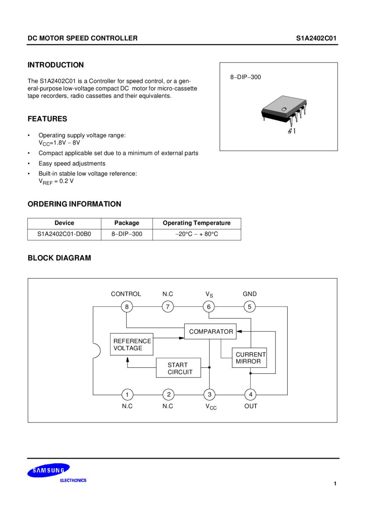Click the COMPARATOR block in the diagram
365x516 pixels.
click(210, 331)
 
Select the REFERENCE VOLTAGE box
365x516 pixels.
click(132, 344)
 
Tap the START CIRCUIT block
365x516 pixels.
click(178, 368)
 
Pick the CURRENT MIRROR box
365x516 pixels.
click(249, 358)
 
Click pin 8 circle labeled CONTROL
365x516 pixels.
click(127, 307)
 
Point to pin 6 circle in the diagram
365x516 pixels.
click(209, 307)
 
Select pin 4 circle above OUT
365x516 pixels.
click(250, 394)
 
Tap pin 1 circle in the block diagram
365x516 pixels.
click(127, 394)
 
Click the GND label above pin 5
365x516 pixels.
click(249, 294)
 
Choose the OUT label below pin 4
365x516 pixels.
click(251, 406)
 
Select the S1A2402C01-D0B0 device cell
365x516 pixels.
click(64, 234)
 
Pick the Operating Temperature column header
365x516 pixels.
click(197, 223)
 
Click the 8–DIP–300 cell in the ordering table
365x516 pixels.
click(127, 234)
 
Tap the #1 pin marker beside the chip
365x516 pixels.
click(292, 131)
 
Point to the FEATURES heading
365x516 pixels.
click(47, 119)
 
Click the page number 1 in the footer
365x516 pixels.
click(335, 484)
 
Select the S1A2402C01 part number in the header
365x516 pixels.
click(316, 38)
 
